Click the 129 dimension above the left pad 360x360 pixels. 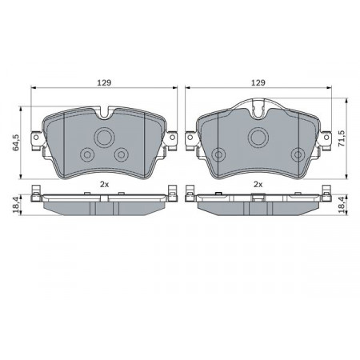(104, 82)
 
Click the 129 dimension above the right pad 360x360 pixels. (258, 82)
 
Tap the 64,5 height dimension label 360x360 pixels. (16, 142)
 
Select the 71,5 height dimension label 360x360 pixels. (342, 138)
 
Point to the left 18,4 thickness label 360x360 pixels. (16, 205)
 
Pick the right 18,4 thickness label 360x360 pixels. (342, 205)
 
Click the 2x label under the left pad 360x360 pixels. (104, 184)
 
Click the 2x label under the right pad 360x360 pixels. (258, 184)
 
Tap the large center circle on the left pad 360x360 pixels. (104, 138)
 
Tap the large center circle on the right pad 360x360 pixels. (258, 138)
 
